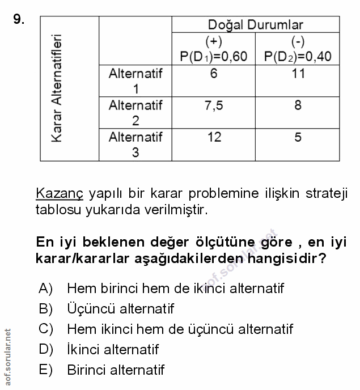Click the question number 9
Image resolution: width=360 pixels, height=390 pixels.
pyautogui.click(x=19, y=20)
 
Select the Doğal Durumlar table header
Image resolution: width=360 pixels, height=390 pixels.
pyautogui.click(x=255, y=24)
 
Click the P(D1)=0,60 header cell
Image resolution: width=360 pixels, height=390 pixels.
pyautogui.click(x=214, y=49)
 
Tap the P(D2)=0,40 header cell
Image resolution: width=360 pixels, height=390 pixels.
pyautogui.click(x=298, y=49)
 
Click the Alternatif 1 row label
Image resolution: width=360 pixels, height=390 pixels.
pyautogui.click(x=135, y=81)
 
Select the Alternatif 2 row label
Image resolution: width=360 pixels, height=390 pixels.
pyautogui.click(x=135, y=113)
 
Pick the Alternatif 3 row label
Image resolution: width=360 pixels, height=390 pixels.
pyautogui.click(x=135, y=145)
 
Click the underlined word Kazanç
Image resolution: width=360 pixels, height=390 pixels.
pyautogui.click(x=59, y=193)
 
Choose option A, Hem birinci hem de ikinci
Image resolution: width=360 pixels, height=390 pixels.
pyautogui.click(x=175, y=288)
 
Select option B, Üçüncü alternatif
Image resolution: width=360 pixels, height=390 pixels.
pyautogui.click(x=120, y=309)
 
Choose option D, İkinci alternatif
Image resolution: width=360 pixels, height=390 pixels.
pyautogui.click(x=112, y=349)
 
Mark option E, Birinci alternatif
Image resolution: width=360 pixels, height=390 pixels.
pyautogui.click(x=115, y=370)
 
